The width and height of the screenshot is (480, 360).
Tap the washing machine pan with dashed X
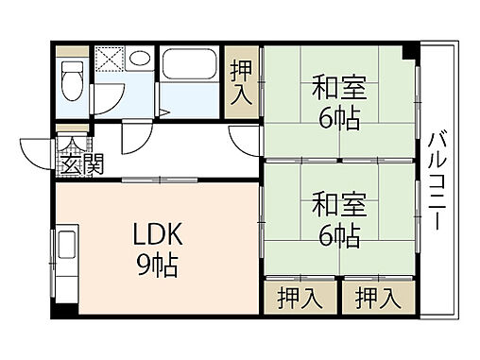pos(108,59)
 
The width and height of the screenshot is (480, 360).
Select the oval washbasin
pos(139,59)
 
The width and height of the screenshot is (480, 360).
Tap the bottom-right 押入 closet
pos(377,298)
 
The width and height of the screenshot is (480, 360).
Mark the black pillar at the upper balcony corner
pos(408,50)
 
